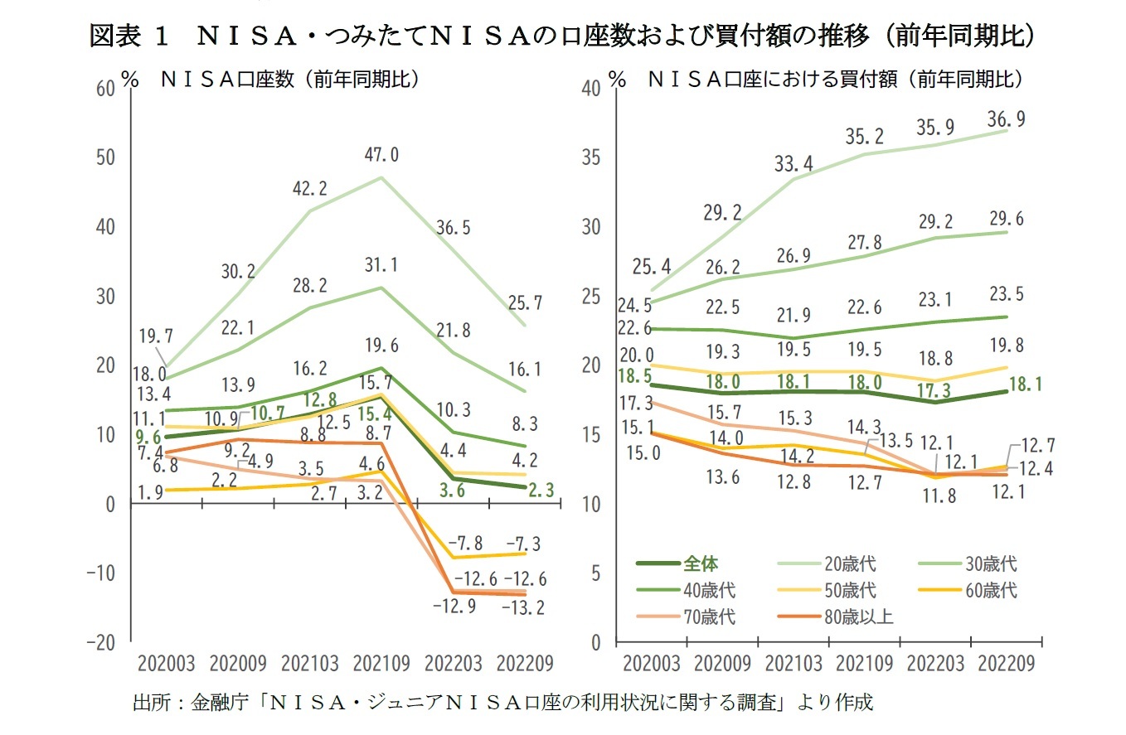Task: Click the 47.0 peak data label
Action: point(383,154)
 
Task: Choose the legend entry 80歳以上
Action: point(862,616)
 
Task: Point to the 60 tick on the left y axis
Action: point(105,89)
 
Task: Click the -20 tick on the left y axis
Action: point(101,643)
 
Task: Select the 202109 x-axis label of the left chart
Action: point(381,664)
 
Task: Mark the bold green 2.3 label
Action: point(541,491)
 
